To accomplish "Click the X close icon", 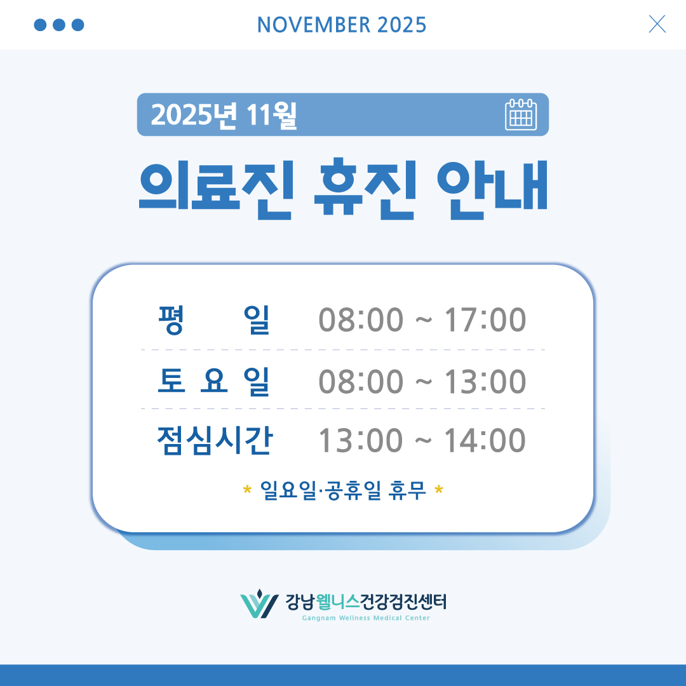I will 657,24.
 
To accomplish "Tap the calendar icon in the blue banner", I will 521,115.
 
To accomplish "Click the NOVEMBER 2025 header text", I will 342,25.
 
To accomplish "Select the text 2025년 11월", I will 224,115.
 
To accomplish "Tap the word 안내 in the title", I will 493,188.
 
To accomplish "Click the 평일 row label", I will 213,320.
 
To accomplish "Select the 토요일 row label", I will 213,382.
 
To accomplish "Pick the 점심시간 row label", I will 213,441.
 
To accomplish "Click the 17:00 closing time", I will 485,320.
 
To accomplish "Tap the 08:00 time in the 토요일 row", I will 361,382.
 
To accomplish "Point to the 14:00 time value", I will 485,441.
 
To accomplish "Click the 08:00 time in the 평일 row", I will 361,320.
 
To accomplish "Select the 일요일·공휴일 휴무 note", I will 343,490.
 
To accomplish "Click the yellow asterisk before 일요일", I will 247,491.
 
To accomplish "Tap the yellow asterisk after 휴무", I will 439,491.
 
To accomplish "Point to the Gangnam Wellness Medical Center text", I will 366,618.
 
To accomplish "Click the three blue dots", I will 58,25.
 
